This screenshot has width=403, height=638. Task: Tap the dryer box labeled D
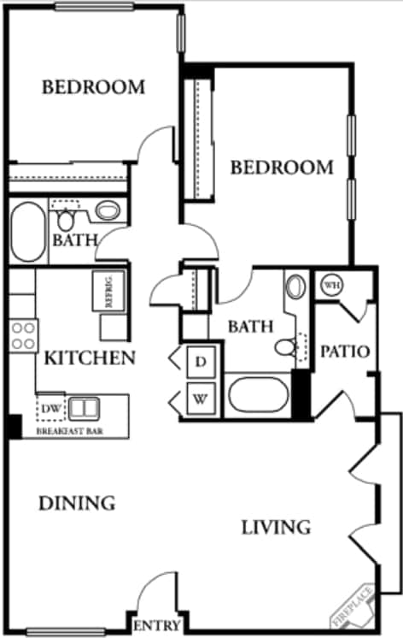point(201,362)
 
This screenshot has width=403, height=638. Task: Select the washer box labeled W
point(201,399)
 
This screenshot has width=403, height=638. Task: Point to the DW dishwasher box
point(50,408)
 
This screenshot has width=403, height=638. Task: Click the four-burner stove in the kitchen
point(23,334)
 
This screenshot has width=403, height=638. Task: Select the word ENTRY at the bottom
point(156,627)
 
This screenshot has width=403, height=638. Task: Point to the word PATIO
point(344,351)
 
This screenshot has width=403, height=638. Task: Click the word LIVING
point(274,527)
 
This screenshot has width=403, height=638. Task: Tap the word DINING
point(77,503)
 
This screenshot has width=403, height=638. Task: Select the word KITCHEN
point(90,357)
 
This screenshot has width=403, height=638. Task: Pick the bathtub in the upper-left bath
point(28,232)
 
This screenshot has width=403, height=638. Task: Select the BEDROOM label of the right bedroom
point(282,167)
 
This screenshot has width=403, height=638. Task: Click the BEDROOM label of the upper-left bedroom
point(93,87)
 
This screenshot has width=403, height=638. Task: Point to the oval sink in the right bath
point(295,286)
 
